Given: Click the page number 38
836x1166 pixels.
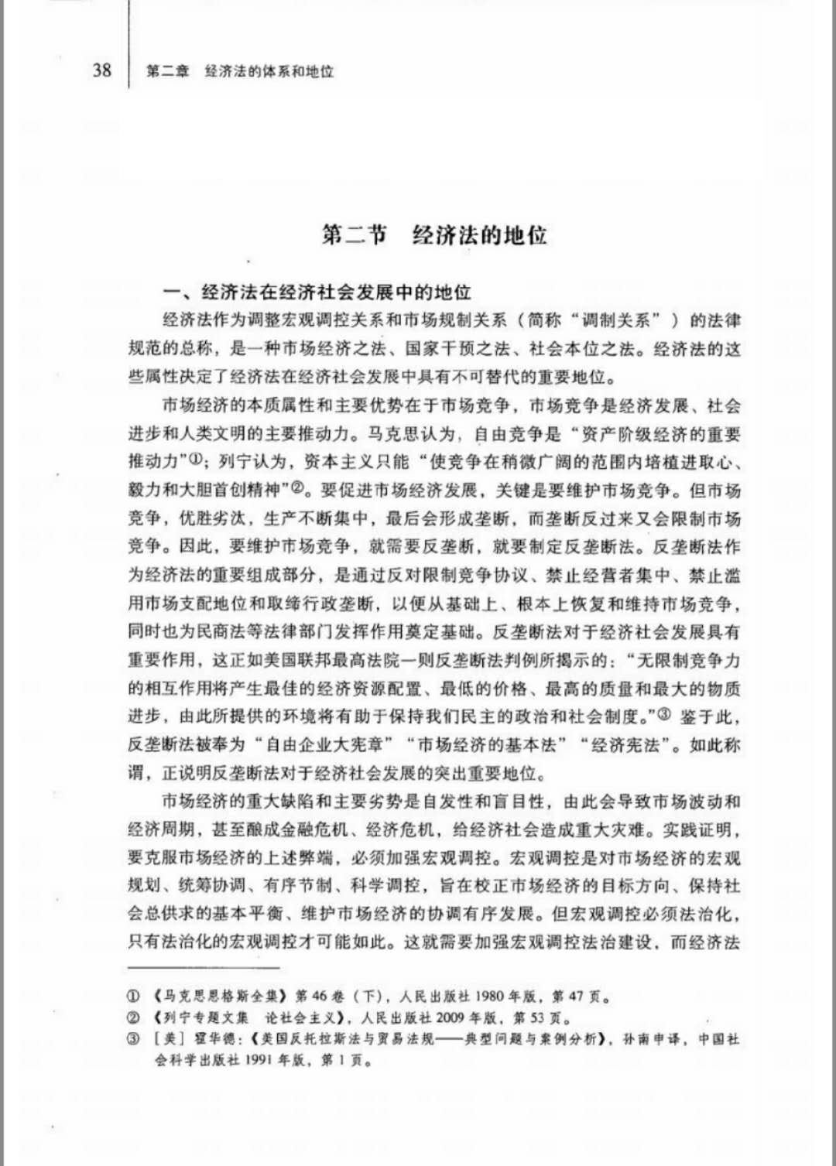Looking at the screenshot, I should tap(102, 70).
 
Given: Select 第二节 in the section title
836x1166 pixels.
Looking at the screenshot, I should tap(354, 234).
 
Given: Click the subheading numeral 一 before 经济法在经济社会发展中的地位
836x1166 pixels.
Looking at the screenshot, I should tap(171, 292).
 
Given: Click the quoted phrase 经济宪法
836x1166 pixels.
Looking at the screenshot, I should tap(625, 744).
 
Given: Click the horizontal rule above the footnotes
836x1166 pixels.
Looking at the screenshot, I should tap(203, 966).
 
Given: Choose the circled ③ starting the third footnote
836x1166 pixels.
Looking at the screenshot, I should tap(133, 1039).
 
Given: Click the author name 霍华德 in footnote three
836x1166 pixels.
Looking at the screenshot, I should tap(214, 1039).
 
